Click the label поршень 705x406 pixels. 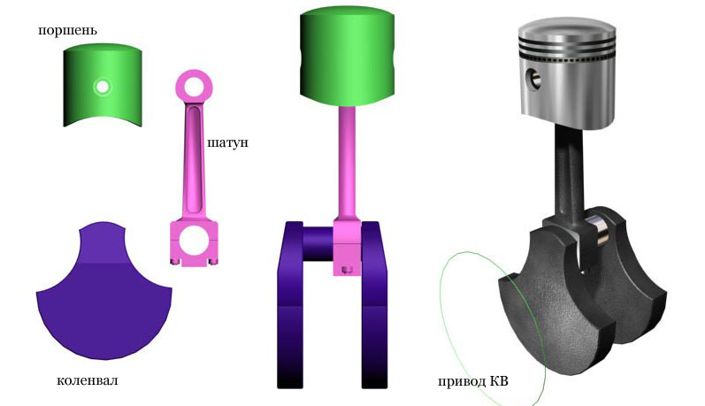click(67, 31)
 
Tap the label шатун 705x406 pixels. click(227, 143)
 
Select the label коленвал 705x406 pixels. click(88, 380)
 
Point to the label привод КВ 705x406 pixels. click(473, 381)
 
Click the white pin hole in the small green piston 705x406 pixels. click(103, 87)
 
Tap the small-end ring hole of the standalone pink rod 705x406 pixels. click(194, 87)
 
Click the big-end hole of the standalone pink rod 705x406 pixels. click(194, 239)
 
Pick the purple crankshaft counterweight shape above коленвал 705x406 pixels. click(103, 292)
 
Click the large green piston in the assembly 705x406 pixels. click(347, 57)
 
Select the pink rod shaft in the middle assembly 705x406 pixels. click(347, 162)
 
